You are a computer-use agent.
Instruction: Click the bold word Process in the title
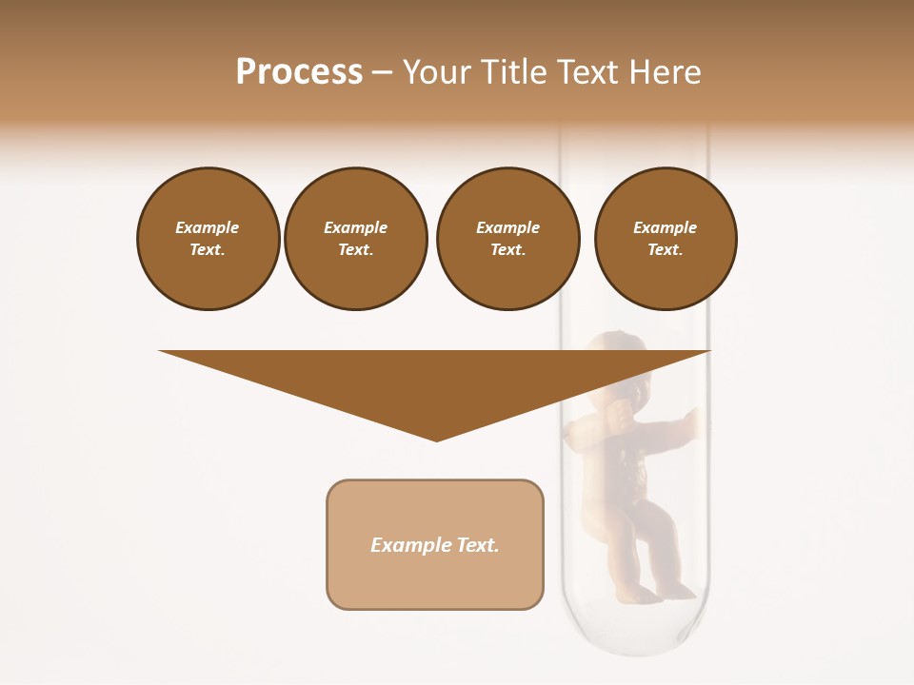pos(299,72)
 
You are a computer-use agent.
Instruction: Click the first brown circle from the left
pos(208,239)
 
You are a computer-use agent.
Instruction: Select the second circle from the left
pos(355,239)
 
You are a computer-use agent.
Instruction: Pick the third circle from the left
pos(507,239)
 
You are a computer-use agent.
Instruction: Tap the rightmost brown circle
pos(666,239)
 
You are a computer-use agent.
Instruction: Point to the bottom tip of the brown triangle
pos(437,440)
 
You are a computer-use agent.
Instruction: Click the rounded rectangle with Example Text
pos(435,544)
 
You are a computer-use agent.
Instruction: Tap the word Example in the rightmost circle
pos(666,227)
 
